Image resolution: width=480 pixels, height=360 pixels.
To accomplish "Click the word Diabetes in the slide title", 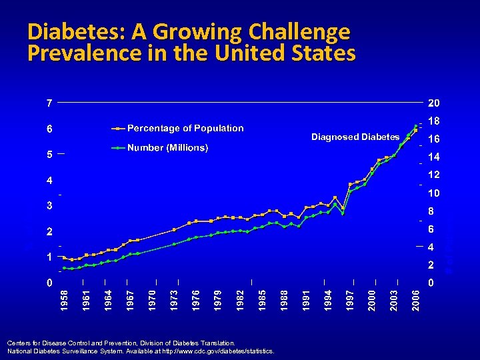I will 67,31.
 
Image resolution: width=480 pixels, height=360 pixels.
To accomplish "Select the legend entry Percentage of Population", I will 185,128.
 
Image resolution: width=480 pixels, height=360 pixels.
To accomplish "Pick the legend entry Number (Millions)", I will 168,147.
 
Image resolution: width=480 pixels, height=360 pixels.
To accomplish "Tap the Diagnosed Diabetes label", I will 355,137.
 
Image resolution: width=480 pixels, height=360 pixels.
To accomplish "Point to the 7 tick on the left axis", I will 49,103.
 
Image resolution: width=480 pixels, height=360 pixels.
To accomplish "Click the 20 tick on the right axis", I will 434,103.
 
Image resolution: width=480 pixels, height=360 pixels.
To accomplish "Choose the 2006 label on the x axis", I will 416,298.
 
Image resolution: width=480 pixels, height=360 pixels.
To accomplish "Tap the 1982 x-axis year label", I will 240,298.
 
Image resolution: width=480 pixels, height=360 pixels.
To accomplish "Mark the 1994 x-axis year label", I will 328,298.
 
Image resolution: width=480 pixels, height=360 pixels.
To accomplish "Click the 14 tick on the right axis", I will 434,157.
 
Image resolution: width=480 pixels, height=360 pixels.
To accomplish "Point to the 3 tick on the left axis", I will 49,206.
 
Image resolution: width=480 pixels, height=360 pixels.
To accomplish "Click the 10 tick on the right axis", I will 434,193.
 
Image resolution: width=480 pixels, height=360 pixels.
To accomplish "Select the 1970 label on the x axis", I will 152,298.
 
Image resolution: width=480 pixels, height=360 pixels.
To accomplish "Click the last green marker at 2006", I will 416,125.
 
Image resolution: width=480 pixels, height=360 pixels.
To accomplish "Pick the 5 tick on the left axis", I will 49,155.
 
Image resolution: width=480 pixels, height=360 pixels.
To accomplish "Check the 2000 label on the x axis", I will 372,298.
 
